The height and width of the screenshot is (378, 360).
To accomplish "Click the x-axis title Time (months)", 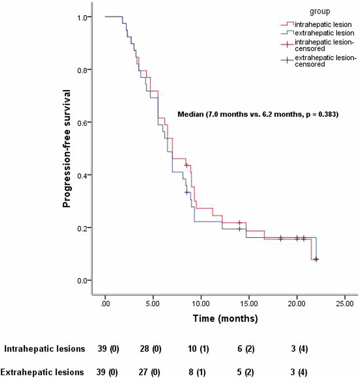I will pyautogui.click(x=225, y=319).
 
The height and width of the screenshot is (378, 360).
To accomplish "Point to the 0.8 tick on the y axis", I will pyautogui.click(x=91, y=69).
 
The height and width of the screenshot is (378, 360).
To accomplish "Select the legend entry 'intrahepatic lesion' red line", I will pyautogui.click(x=287, y=24).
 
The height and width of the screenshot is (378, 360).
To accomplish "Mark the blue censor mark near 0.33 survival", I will pyautogui.click(x=186, y=192).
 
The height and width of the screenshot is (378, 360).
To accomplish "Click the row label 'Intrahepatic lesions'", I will pyautogui.click(x=45, y=349).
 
